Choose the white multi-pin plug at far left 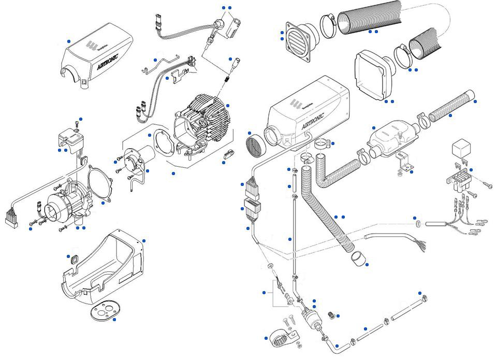pyautogui.click(x=11, y=218)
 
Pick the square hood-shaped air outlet pyautogui.click(x=371, y=75)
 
